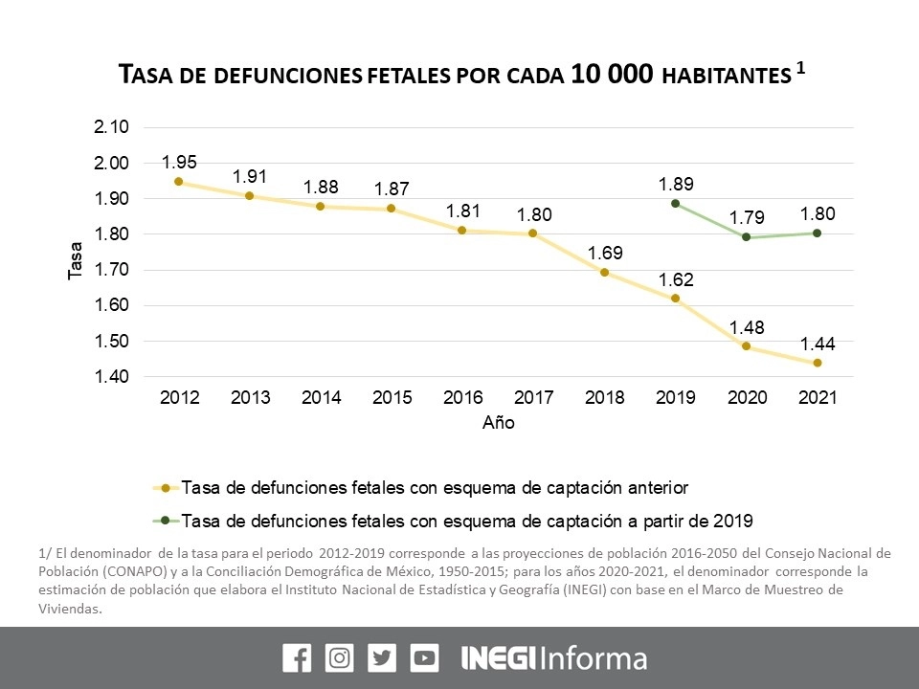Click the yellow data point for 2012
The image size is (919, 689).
coord(178,181)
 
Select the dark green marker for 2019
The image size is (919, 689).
coord(675,203)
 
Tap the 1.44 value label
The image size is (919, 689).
coord(817,343)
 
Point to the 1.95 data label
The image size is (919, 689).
coord(178,161)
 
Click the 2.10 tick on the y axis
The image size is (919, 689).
coord(112,128)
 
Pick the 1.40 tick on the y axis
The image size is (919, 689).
coord(112,377)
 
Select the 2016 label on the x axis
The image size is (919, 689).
coord(462,399)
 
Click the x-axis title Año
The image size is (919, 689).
coord(498,422)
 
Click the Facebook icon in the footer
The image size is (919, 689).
coord(297,658)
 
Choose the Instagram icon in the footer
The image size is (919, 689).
coord(340,658)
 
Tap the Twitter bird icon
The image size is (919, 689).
coord(382,658)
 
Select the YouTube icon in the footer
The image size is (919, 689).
coord(424,658)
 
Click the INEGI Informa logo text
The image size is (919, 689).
coord(554,658)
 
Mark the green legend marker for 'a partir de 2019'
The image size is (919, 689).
coord(166,522)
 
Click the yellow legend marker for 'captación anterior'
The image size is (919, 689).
coord(166,488)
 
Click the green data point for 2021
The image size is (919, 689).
coord(817,233)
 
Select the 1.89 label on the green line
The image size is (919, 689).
coord(675,184)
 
